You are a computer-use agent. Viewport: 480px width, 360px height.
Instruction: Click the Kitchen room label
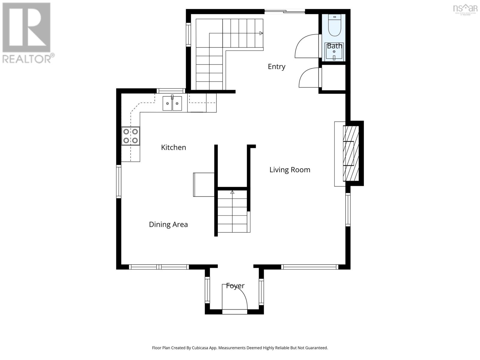click(173, 147)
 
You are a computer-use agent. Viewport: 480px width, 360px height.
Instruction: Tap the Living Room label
click(289, 170)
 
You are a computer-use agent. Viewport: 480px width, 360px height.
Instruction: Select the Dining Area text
click(168, 224)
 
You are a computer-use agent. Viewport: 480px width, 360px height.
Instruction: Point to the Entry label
click(276, 67)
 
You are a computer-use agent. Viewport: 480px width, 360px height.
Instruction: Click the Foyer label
click(235, 286)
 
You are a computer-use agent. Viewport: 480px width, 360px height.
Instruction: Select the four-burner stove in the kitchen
click(130, 136)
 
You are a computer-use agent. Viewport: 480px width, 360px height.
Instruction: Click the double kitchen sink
click(172, 103)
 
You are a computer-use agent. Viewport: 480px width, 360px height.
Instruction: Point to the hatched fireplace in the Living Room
click(351, 153)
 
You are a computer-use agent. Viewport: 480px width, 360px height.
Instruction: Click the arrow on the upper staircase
click(261, 33)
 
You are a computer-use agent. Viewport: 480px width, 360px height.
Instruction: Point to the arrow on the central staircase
click(232, 192)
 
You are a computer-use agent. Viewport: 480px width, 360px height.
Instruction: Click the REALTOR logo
click(27, 33)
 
